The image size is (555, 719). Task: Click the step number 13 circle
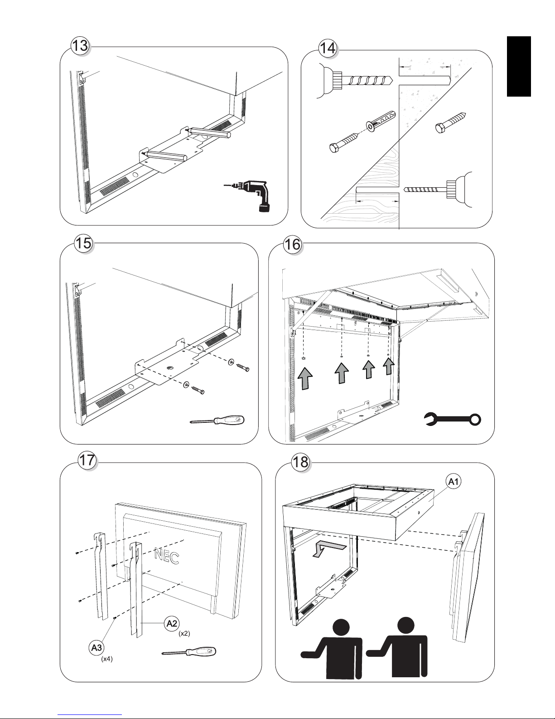click(x=80, y=46)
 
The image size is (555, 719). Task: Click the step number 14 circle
click(x=328, y=48)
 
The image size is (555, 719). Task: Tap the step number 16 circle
click(x=293, y=245)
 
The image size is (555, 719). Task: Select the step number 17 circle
click(x=87, y=460)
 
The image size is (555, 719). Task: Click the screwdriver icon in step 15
click(x=217, y=421)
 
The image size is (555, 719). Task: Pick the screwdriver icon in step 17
click(x=189, y=652)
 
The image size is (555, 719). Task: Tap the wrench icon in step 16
click(x=453, y=419)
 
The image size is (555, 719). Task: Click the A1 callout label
click(x=453, y=482)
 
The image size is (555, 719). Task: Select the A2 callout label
click(x=172, y=624)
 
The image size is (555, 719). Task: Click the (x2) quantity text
click(x=184, y=634)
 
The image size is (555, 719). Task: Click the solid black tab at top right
click(x=519, y=66)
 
